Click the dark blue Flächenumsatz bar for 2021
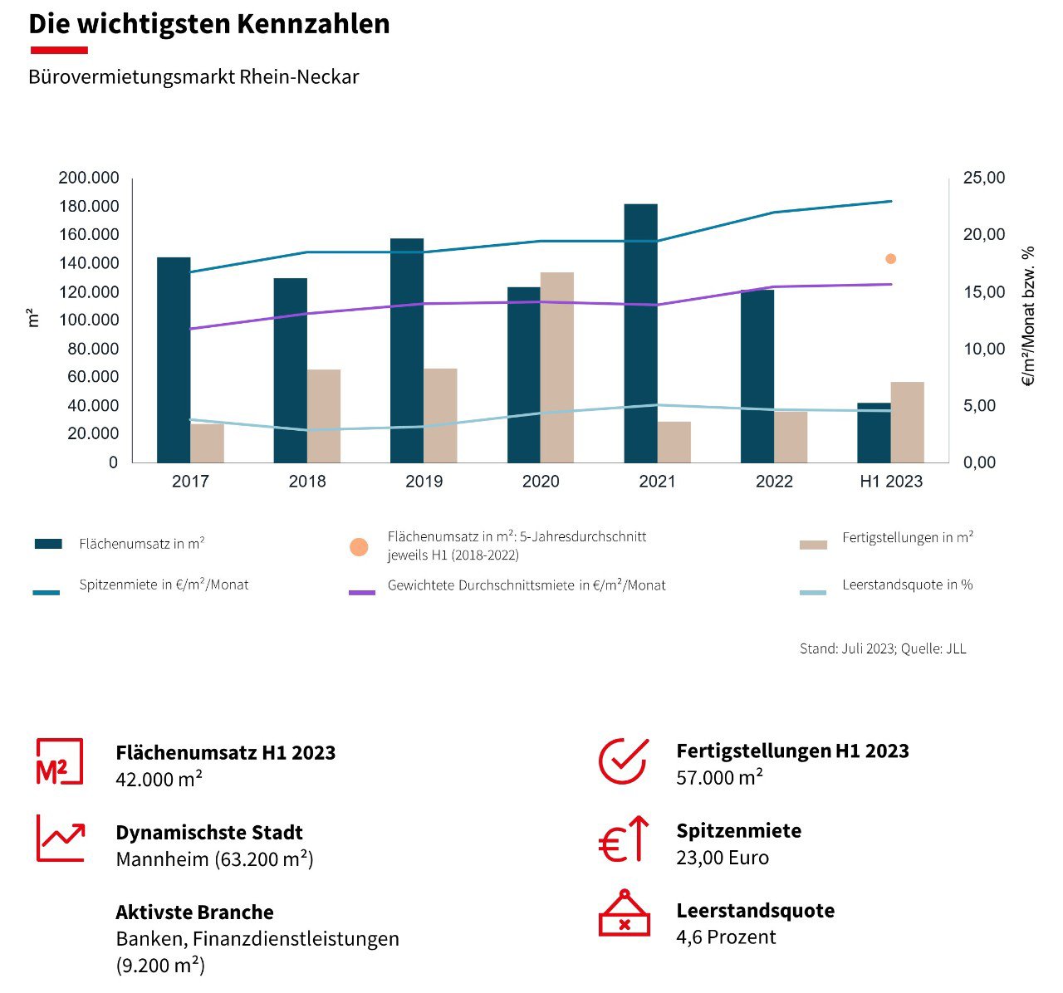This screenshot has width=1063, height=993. (x=640, y=332)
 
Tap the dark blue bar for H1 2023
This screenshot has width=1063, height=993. (x=874, y=433)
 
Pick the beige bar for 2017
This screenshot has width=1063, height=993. (x=207, y=443)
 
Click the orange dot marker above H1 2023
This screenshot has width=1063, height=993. (x=890, y=259)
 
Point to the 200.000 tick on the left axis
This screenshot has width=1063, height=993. (x=89, y=179)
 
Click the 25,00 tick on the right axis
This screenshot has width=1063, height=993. (x=983, y=179)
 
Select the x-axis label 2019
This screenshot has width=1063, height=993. (x=424, y=482)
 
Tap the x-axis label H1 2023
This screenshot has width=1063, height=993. (x=890, y=482)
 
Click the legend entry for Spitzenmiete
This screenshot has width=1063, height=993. (x=164, y=585)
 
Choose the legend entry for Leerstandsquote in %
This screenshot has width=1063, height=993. (x=907, y=585)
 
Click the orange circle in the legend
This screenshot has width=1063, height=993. (x=359, y=547)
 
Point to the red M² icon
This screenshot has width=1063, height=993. (x=59, y=761)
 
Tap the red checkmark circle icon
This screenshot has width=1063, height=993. (x=623, y=761)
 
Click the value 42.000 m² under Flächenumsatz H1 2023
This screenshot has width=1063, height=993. (x=159, y=779)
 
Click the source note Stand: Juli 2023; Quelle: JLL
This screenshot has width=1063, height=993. (x=883, y=648)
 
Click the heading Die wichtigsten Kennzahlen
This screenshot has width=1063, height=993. (x=209, y=23)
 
